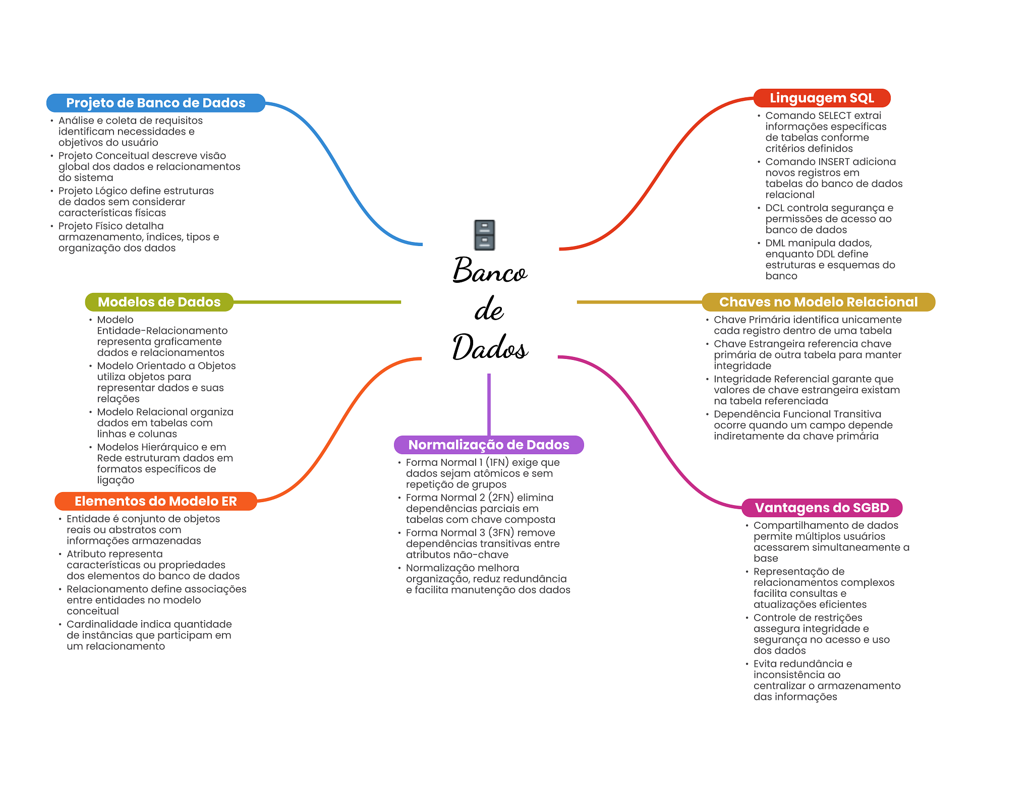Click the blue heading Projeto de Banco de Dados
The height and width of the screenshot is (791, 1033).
155,103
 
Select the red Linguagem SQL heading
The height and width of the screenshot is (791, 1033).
822,98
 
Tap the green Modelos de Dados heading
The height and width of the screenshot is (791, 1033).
159,302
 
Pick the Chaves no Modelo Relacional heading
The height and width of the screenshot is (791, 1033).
818,302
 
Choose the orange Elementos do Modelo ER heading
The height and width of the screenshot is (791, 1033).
155,501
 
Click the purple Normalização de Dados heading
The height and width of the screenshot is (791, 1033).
488,445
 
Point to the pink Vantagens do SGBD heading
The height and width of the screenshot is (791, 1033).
822,508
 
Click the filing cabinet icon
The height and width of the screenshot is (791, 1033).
485,235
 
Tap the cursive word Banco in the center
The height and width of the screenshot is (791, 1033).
490,271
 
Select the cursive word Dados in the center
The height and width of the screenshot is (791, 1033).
490,347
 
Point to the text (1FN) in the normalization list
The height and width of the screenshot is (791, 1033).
497,462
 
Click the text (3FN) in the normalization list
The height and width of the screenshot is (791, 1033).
501,533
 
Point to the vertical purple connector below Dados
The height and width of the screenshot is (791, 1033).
489,403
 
